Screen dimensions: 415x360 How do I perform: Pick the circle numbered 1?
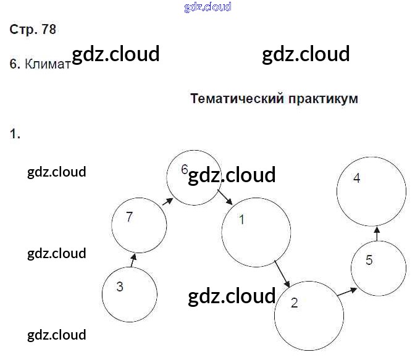[x=256, y=232]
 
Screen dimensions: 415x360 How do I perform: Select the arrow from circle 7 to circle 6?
[x=167, y=201]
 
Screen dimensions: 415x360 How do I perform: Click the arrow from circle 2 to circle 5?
[x=346, y=291]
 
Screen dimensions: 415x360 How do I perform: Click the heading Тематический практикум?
[x=274, y=99]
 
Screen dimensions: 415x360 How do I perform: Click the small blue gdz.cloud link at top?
[x=207, y=7]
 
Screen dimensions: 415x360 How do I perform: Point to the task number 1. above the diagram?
[x=15, y=133]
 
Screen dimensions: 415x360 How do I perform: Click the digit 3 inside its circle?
[x=120, y=287]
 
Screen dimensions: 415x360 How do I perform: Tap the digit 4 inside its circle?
[x=356, y=178]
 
